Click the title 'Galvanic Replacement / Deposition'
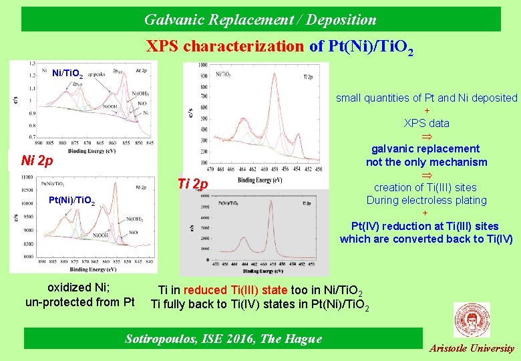(x=260, y=19)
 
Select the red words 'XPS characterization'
(x=225, y=46)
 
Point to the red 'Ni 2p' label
(x=37, y=160)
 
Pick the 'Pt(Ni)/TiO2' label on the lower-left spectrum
(x=72, y=201)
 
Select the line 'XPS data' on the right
(x=426, y=123)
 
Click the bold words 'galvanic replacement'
(x=425, y=148)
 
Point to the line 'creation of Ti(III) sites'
(x=426, y=187)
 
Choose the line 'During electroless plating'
(x=426, y=200)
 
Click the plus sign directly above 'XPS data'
(x=426, y=110)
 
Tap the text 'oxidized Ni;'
(x=79, y=288)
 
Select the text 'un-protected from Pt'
(x=79, y=302)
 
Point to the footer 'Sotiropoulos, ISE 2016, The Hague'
(x=223, y=339)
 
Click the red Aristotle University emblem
(x=471, y=319)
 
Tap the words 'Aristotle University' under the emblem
(x=472, y=348)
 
